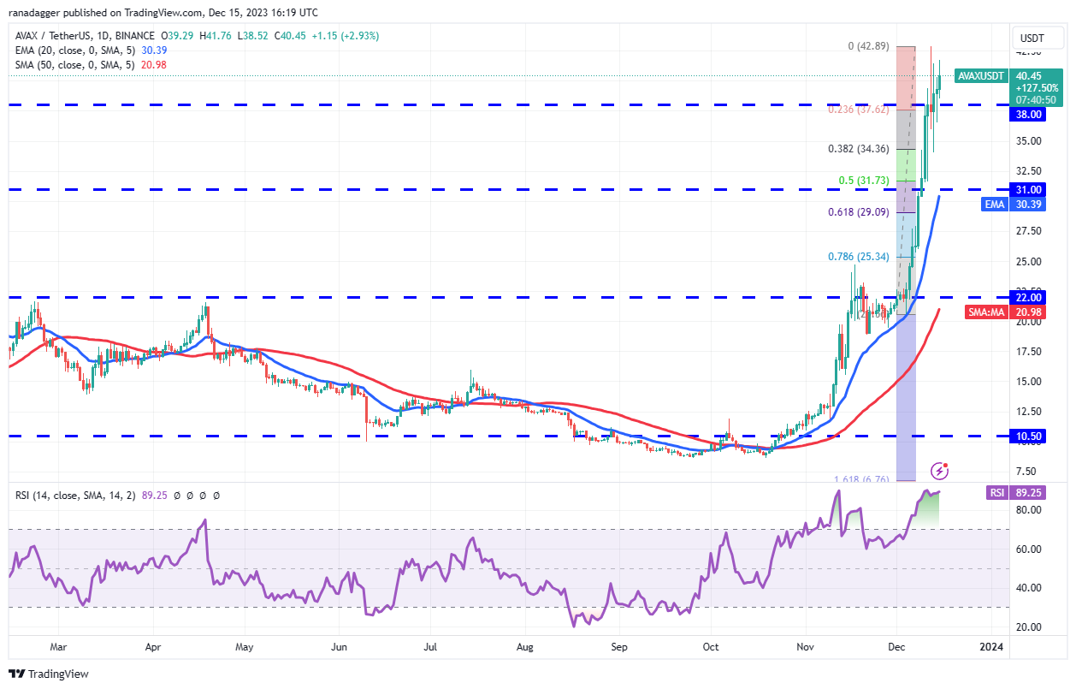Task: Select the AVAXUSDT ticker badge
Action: pos(980,75)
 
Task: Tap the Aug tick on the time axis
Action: pos(525,647)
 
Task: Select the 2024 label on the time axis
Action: pos(991,647)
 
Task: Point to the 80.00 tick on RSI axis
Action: pos(1030,510)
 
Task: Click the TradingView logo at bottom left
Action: pos(50,674)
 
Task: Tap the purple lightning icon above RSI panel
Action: pos(940,470)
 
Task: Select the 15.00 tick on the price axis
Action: pos(1030,382)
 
